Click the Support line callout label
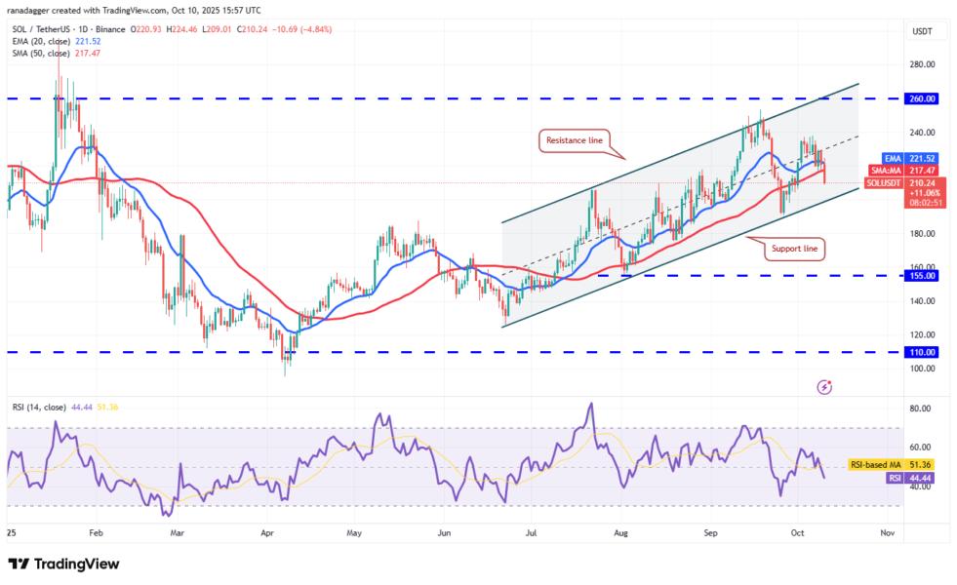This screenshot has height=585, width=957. point(793,250)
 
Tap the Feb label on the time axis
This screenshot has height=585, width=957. point(95,533)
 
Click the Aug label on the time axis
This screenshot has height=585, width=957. point(621,533)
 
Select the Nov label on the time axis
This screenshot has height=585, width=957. point(887,533)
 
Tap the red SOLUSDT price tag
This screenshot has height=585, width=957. point(896,181)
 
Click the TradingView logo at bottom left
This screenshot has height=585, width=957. point(63,565)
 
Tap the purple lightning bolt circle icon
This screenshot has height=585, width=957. point(824,387)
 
